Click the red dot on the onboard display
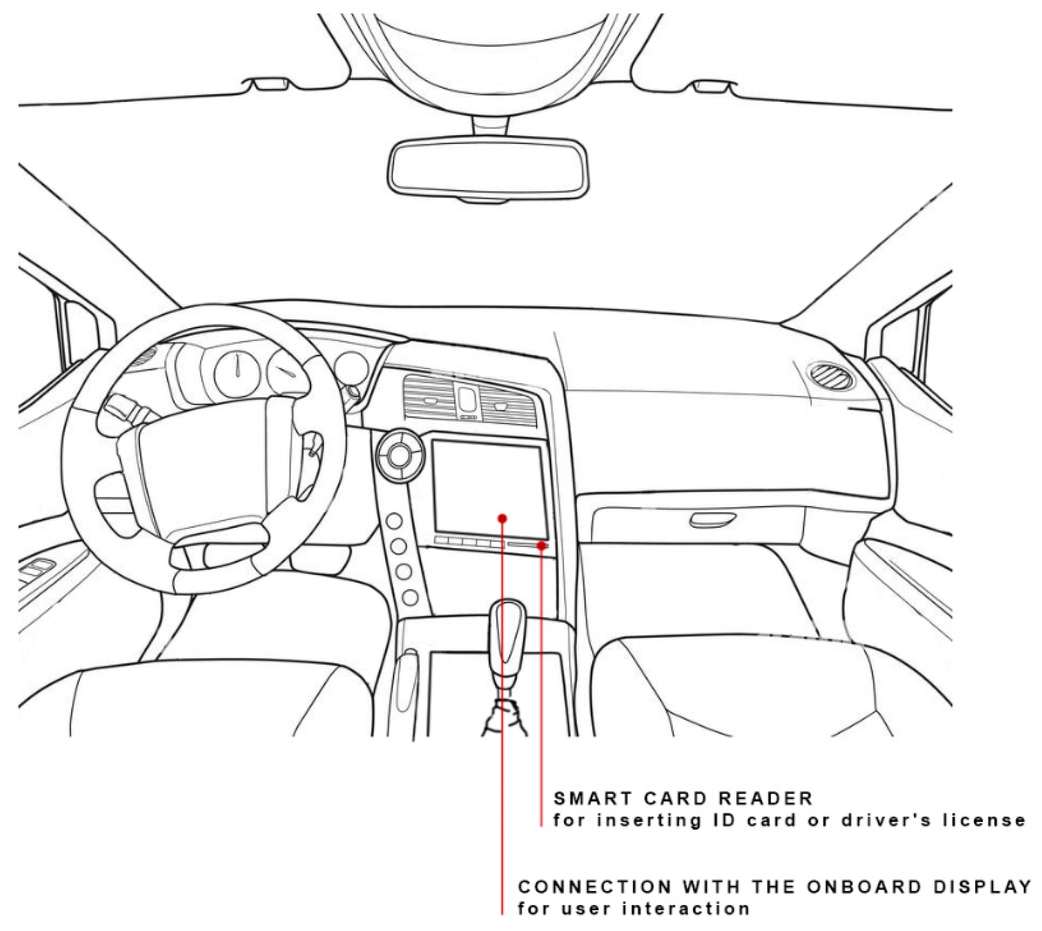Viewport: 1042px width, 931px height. click(502, 518)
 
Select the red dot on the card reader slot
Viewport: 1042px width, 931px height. click(541, 546)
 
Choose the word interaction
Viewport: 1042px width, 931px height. click(686, 909)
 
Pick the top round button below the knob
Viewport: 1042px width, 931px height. click(394, 521)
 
